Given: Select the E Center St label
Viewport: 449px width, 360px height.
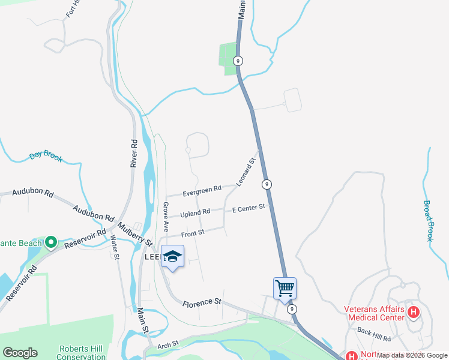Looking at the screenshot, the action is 249,208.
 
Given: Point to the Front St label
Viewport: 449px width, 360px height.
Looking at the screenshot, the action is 193,232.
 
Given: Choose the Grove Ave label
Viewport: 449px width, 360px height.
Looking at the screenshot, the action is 165,217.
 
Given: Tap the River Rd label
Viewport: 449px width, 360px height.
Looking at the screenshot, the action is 134,153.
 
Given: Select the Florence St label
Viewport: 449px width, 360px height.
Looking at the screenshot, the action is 202,302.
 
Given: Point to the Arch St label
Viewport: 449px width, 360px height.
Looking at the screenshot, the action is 168,344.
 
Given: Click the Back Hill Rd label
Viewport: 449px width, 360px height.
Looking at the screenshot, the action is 373,331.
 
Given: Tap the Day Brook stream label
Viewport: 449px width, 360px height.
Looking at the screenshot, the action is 46,157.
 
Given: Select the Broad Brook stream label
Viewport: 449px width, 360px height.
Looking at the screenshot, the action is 429,221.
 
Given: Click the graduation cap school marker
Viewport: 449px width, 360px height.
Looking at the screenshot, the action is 172,257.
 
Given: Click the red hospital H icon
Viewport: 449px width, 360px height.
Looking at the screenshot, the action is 413,312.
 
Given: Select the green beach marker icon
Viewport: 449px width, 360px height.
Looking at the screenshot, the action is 51,242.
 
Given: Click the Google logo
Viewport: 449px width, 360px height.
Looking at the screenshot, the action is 20,353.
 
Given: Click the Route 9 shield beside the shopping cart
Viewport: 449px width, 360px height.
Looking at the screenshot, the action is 292,308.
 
